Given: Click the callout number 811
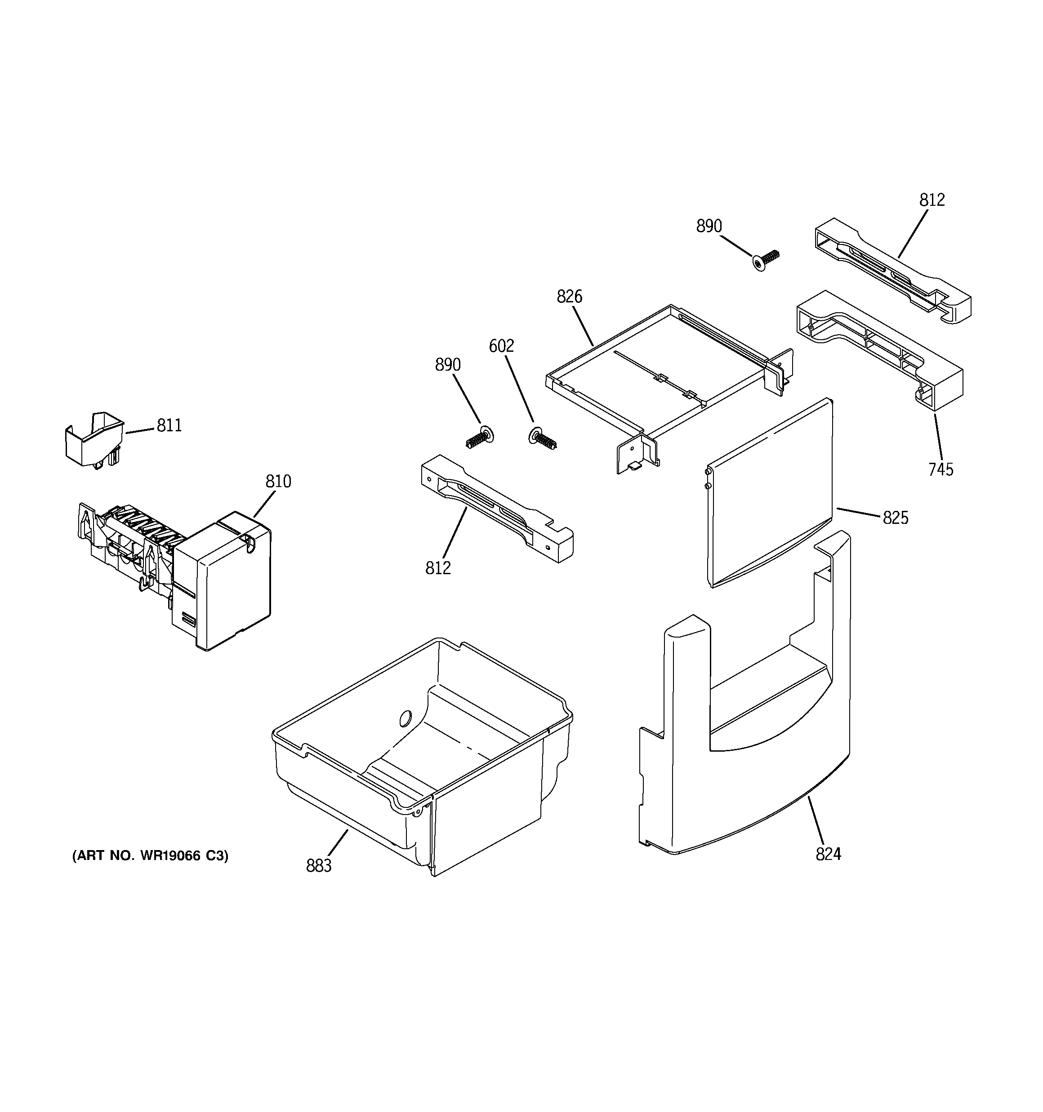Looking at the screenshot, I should click(169, 425).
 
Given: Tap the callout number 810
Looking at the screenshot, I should click(278, 481).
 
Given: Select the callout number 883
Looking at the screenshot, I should click(319, 866).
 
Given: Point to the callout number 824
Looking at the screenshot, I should click(828, 854).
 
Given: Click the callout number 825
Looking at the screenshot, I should click(895, 518).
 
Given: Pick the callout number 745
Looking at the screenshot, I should click(940, 470).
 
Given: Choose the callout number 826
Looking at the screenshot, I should click(569, 297).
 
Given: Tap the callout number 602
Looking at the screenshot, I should click(501, 346).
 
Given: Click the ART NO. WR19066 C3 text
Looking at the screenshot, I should click(150, 855).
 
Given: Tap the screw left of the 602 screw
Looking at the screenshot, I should click(480, 436).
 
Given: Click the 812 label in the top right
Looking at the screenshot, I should click(932, 199).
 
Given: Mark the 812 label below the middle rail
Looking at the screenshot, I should click(438, 568).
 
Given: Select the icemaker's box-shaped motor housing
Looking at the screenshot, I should click(224, 582).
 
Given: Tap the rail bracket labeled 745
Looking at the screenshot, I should click(879, 350).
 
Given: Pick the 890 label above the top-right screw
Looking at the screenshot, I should click(709, 226).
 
